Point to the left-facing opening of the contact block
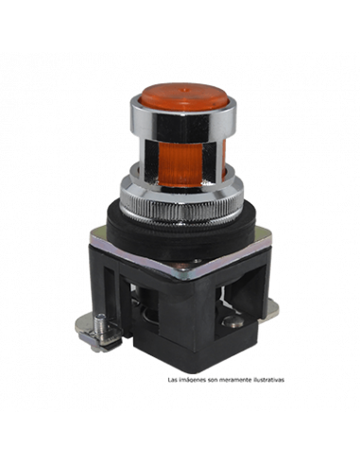pyautogui.click(x=142, y=302)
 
